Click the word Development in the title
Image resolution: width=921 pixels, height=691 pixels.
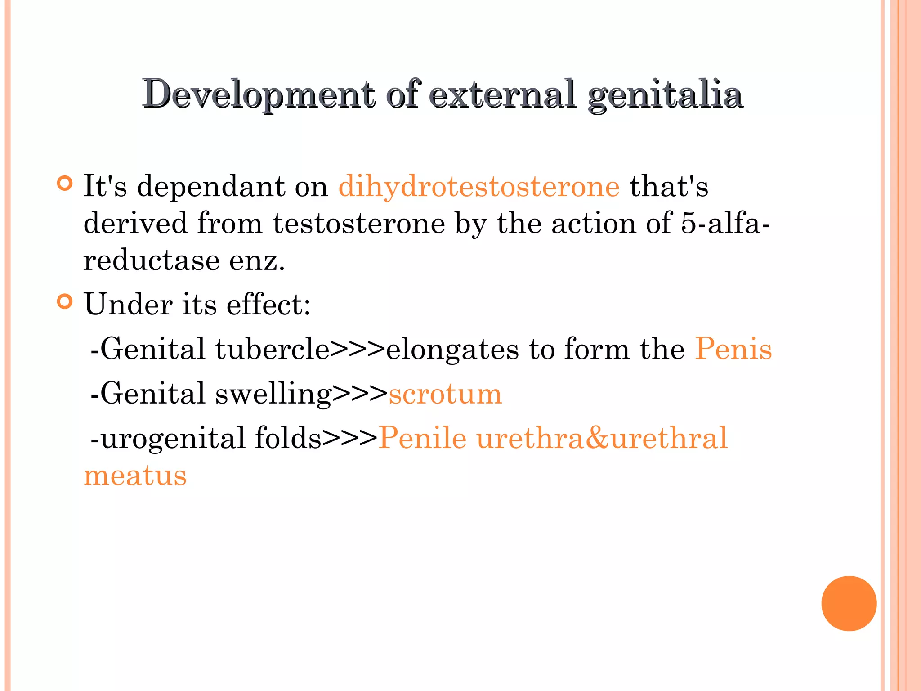[x=259, y=94]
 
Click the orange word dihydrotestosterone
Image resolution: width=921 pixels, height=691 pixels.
[x=479, y=186]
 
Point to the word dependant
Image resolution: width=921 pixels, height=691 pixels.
[x=210, y=186]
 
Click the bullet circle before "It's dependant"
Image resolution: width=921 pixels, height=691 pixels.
[x=65, y=184]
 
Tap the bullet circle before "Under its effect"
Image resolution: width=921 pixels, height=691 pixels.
[x=65, y=301]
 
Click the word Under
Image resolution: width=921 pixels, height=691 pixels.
[x=128, y=305]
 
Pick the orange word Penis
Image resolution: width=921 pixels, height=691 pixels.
[x=733, y=349]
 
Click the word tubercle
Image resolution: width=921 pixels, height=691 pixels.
[x=272, y=349]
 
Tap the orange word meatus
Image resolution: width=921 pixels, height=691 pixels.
[x=135, y=476]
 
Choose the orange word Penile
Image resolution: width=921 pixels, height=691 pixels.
[x=422, y=438]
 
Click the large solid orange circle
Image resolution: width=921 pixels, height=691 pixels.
[x=849, y=603]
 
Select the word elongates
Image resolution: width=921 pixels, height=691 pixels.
[x=452, y=349]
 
